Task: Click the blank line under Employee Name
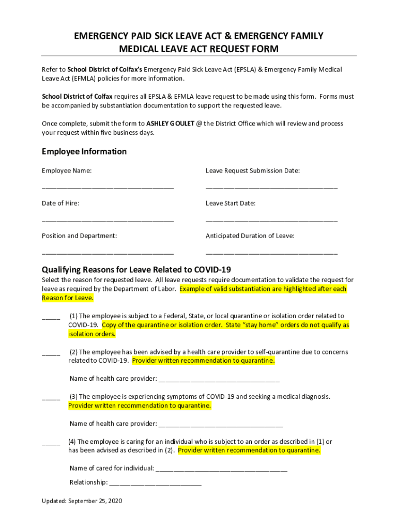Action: (x=108, y=188)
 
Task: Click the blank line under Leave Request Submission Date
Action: (x=271, y=188)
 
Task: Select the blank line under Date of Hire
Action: (x=108, y=221)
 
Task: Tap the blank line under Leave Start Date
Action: (x=271, y=221)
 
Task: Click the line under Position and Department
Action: (x=108, y=253)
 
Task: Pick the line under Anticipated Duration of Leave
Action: (x=271, y=253)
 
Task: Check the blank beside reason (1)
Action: (x=51, y=317)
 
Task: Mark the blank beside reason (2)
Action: (x=51, y=353)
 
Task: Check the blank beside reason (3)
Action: (x=51, y=398)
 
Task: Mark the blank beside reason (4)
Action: (x=51, y=443)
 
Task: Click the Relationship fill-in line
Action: (x=155, y=484)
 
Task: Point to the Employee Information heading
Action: (x=84, y=151)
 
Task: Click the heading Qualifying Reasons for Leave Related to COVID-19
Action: (x=136, y=270)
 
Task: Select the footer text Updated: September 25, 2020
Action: (x=82, y=501)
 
